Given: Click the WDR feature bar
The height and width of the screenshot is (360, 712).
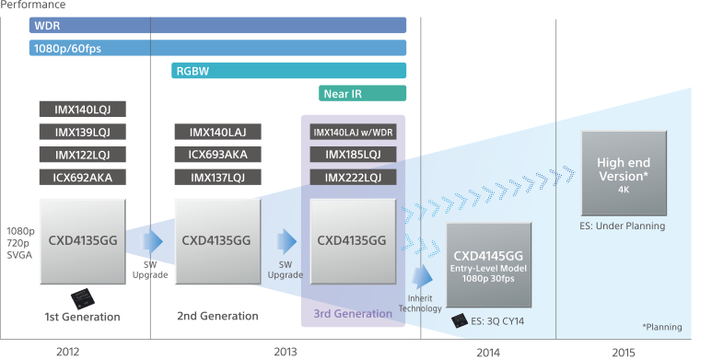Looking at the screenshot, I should point(217,25).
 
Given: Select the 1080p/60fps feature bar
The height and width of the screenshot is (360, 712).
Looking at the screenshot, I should point(217,48).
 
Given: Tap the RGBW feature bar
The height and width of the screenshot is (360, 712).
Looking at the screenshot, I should point(288,71).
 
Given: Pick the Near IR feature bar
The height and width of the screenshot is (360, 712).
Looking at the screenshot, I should point(363,93).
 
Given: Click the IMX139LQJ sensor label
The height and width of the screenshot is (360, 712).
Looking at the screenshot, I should point(82,132).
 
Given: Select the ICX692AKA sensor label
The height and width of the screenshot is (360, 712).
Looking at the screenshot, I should point(82,177).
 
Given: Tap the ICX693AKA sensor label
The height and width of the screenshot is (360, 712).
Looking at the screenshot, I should point(218,155).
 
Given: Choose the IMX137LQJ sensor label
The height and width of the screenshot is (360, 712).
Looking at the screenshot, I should point(218,177).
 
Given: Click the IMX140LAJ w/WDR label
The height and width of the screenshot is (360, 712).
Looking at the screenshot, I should point(354,132).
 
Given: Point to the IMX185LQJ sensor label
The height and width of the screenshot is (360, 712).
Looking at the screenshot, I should point(354,155).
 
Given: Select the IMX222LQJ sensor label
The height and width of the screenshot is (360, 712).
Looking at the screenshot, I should point(354,177).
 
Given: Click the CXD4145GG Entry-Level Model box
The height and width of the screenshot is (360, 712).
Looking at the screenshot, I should point(488,265).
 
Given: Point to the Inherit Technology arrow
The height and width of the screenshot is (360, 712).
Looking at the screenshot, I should point(423,277).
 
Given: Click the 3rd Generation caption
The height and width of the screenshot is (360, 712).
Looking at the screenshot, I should point(353,315).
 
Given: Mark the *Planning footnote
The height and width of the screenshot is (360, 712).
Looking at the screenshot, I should point(664,326).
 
